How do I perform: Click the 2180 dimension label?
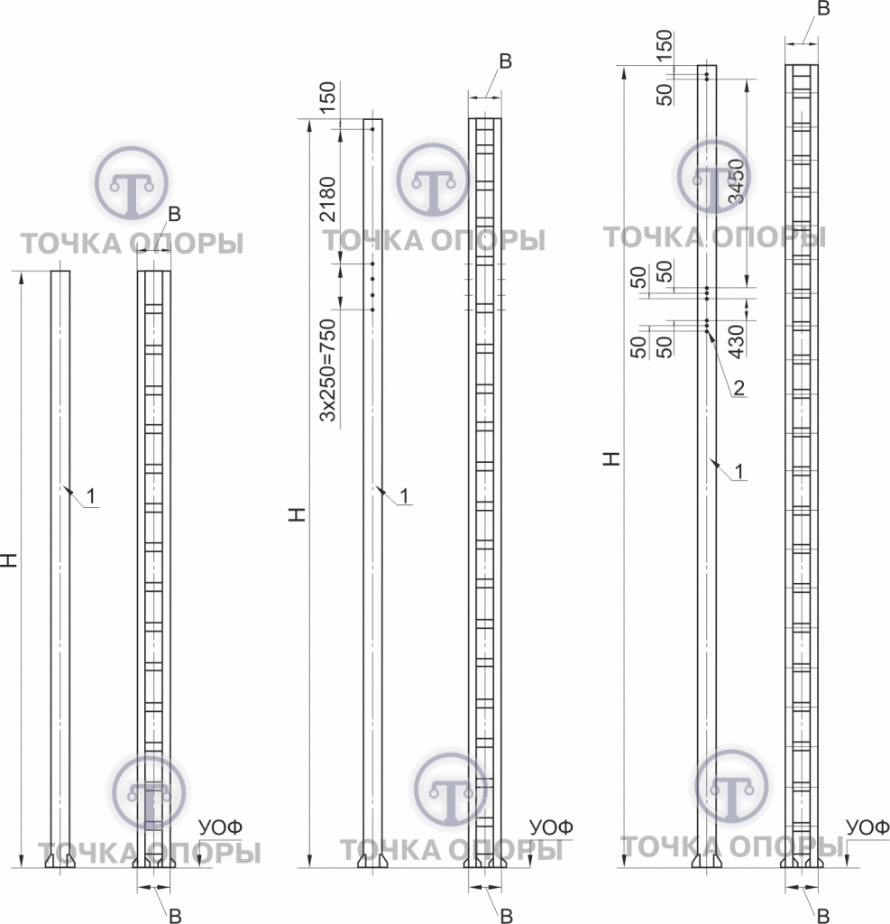(x=327, y=199)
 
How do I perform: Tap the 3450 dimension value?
(x=736, y=181)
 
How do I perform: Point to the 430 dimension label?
(x=736, y=341)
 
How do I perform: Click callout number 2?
(x=739, y=387)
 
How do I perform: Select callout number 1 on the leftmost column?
(x=91, y=497)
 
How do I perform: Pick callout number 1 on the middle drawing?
(x=404, y=496)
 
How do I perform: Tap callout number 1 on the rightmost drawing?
(x=739, y=471)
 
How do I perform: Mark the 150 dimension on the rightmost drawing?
(x=664, y=45)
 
